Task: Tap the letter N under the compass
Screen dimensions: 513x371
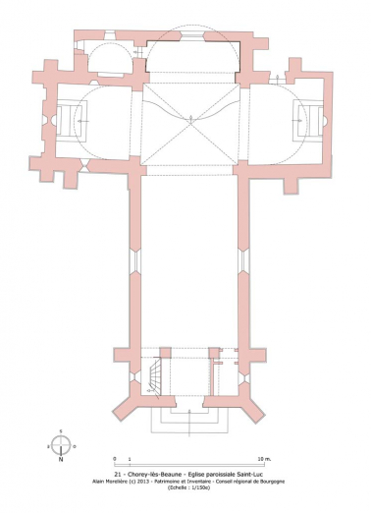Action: (61, 459)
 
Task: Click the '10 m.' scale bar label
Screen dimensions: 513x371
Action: (262, 459)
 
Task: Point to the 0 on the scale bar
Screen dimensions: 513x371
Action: (115, 459)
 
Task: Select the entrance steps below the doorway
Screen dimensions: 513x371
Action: (188, 420)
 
